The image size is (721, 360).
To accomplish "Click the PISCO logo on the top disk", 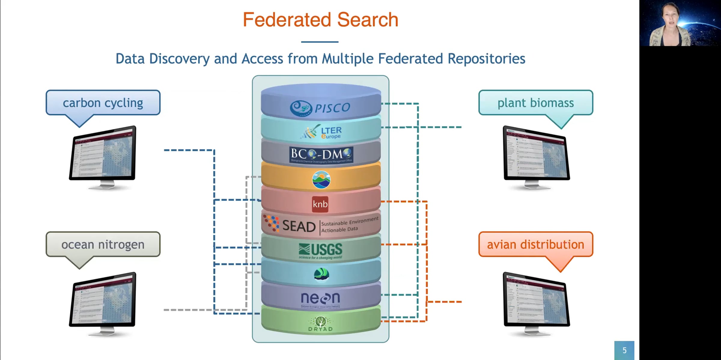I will point(320,108).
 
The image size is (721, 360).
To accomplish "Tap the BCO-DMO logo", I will point(321,155).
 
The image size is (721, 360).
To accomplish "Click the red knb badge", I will point(320,204).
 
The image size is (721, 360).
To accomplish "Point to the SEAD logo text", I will point(299,226).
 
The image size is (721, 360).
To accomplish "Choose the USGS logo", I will point(321,250).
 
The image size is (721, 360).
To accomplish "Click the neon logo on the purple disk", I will point(320,298).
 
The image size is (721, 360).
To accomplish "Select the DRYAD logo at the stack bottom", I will point(321,324).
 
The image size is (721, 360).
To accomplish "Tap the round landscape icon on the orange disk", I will point(321,180).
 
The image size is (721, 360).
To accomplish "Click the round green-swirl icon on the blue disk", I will point(321,274).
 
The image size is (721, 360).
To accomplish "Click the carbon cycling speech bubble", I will point(103,103).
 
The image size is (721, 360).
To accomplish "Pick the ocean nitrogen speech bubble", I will point(103,244).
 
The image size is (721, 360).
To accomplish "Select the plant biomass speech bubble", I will point(536,103).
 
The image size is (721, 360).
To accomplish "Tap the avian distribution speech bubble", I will point(536,244).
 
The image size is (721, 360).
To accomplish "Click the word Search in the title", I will point(368,20).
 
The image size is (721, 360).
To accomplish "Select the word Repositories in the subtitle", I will point(486,59).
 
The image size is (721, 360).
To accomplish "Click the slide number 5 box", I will point(624,350).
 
